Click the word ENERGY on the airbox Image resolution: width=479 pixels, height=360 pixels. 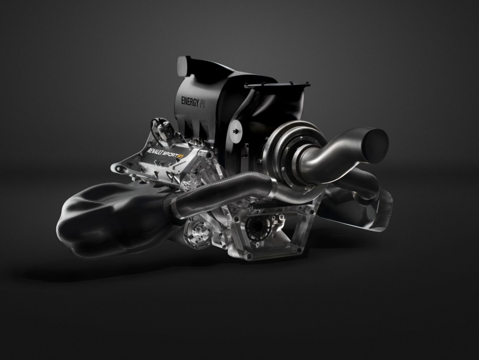(190, 101)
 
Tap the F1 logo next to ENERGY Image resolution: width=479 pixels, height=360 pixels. (203, 104)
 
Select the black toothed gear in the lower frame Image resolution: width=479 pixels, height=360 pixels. (258, 226)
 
